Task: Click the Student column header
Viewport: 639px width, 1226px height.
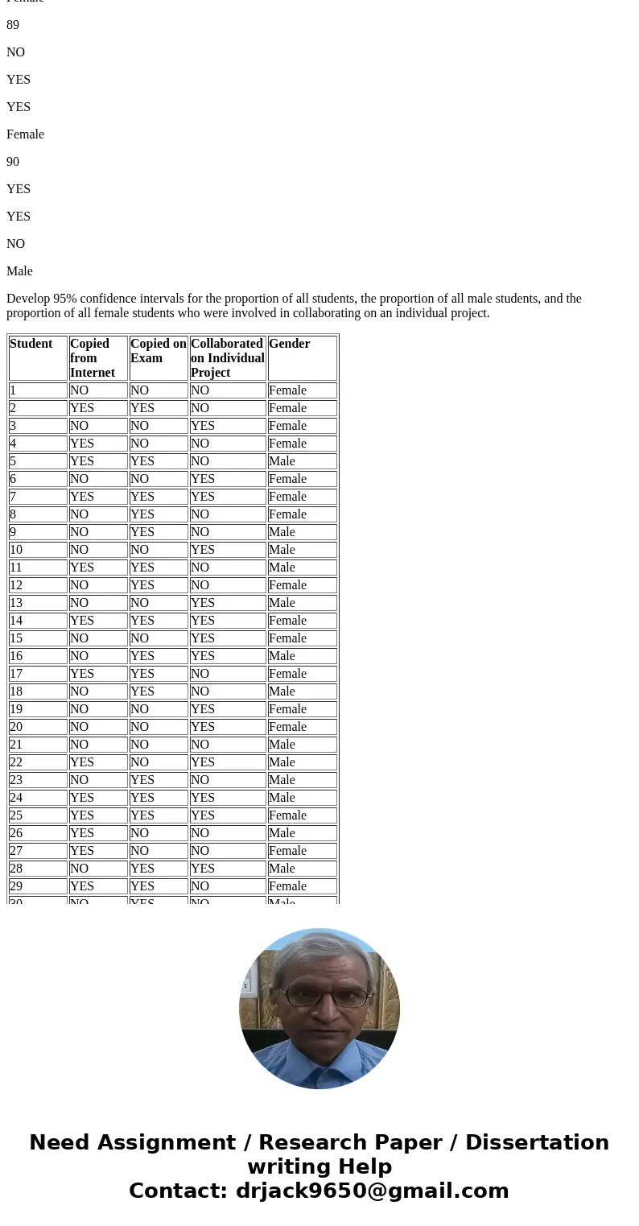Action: click(31, 344)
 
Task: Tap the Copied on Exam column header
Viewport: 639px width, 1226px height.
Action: click(158, 351)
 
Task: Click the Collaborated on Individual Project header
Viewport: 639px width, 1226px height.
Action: click(227, 358)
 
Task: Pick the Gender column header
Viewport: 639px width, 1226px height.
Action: click(289, 344)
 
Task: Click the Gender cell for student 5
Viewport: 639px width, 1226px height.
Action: click(282, 461)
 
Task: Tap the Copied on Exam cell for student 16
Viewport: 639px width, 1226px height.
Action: click(142, 656)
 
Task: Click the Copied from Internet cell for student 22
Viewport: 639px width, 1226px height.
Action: click(81, 762)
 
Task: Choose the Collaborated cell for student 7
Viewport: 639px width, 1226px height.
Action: click(203, 497)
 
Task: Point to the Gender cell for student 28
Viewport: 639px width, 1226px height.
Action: click(282, 869)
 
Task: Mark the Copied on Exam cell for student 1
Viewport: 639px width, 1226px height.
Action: click(139, 390)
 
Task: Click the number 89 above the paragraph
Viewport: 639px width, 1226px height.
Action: click(13, 25)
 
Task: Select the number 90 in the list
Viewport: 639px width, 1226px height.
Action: click(13, 162)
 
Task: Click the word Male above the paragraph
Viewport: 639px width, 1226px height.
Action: click(19, 271)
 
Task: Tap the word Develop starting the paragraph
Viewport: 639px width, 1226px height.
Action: click(28, 299)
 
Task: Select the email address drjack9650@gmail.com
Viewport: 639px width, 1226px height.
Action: click(372, 1191)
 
